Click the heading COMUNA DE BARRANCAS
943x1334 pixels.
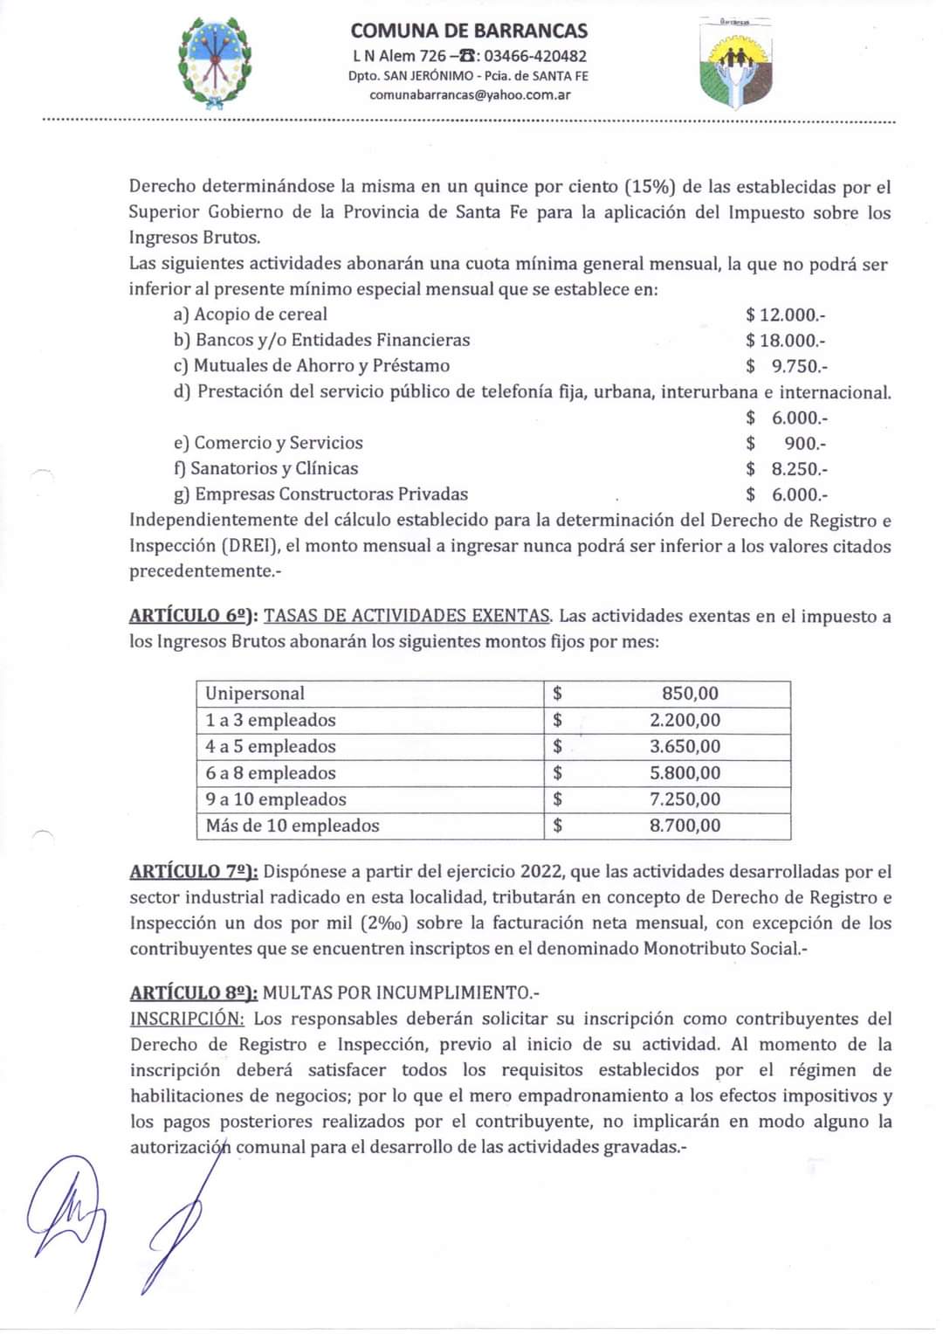coord(469,31)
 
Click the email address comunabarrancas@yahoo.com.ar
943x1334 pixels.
coord(470,94)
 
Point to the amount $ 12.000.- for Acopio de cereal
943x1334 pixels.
coord(785,314)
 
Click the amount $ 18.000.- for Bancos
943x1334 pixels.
coord(785,340)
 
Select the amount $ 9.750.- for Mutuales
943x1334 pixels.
coord(786,366)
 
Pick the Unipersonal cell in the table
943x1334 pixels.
coord(255,694)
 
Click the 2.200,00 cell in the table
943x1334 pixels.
coord(685,720)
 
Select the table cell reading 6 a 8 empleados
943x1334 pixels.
coord(271,773)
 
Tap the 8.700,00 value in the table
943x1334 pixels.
coord(685,826)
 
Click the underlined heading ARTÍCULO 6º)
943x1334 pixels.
coord(193,616)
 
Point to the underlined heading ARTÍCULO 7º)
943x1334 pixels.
coord(193,872)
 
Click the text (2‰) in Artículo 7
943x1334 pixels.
coord(389,923)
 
